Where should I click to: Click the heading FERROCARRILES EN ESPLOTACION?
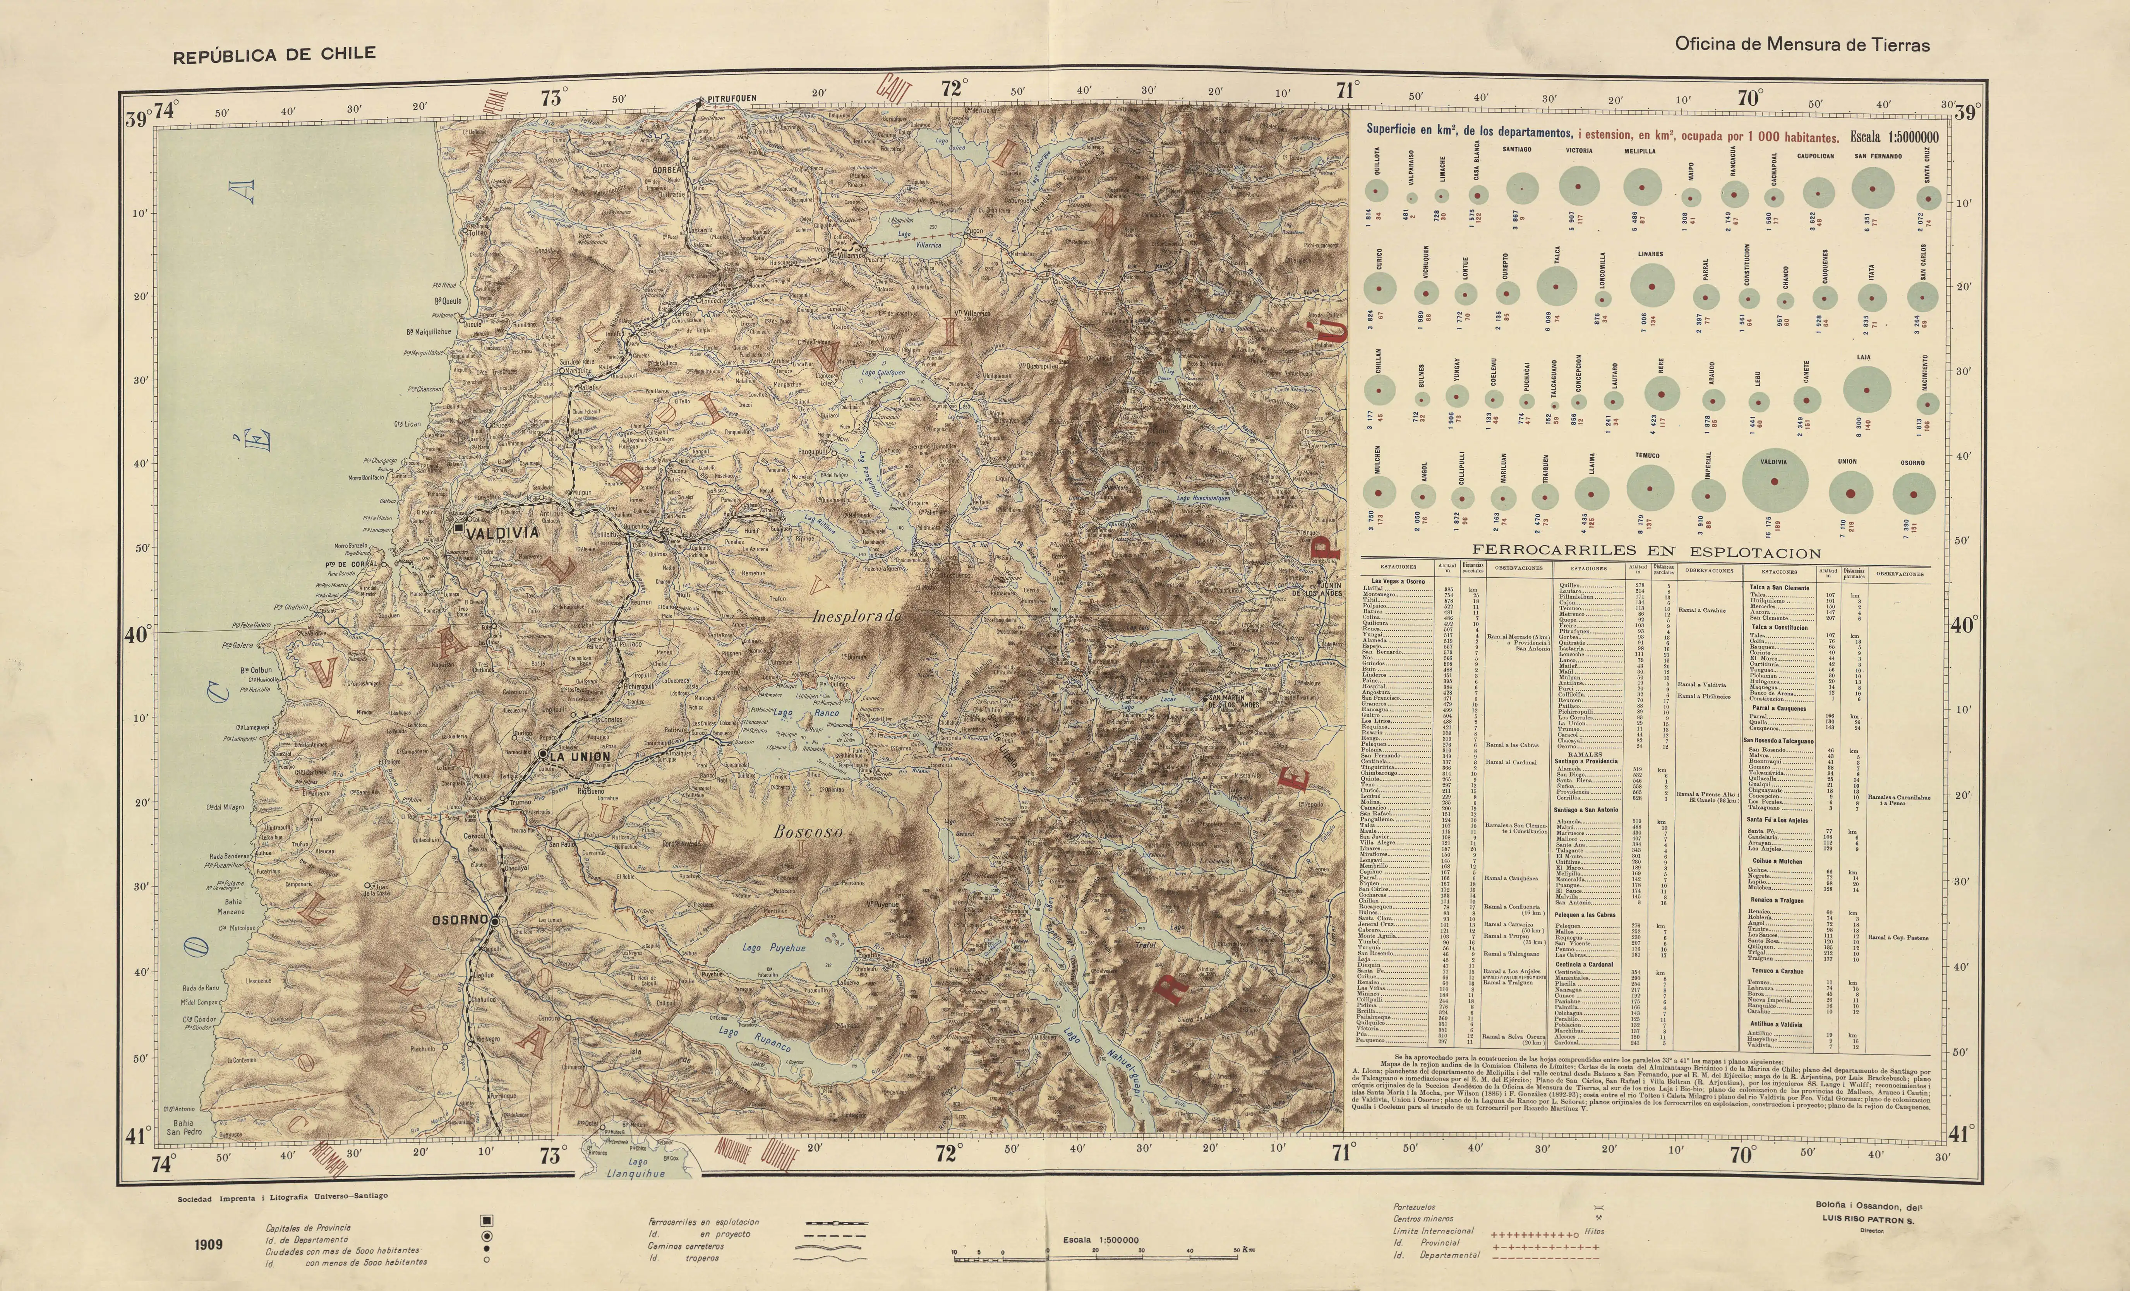tap(1647, 552)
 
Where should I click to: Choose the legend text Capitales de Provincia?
tap(309, 1227)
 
